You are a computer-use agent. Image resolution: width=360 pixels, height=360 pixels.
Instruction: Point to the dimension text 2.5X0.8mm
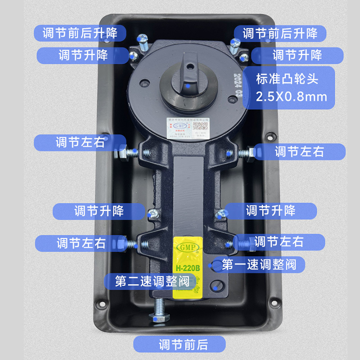[x=291, y=96]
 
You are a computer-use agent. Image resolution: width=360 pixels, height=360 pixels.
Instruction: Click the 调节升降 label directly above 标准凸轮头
[x=297, y=56]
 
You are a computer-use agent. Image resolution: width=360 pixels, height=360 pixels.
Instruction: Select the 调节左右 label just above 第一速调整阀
[x=279, y=241]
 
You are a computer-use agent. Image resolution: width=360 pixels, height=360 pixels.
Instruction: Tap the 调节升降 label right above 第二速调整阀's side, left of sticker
[x=99, y=211]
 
